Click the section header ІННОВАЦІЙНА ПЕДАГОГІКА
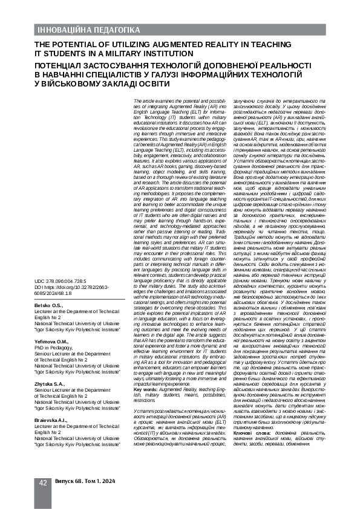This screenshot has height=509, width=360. click(80, 30)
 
